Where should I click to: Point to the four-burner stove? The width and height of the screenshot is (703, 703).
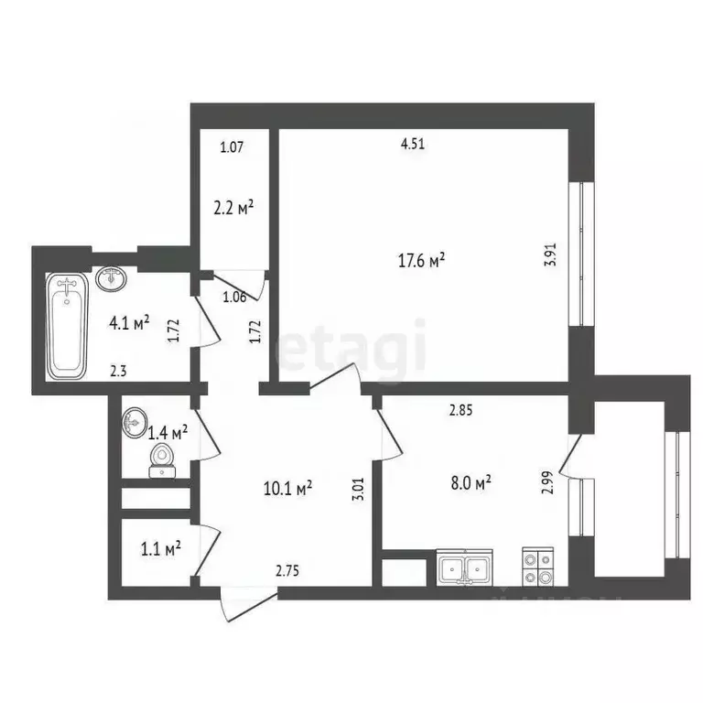pos(536,568)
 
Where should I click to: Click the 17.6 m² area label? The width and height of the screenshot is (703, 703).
pos(421,261)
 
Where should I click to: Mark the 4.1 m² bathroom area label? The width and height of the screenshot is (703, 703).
pos(129,322)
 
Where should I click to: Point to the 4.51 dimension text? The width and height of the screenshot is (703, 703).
pos(415,143)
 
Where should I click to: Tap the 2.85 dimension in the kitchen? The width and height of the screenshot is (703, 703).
pos(460,411)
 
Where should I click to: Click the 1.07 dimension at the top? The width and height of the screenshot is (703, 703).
pos(232,146)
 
